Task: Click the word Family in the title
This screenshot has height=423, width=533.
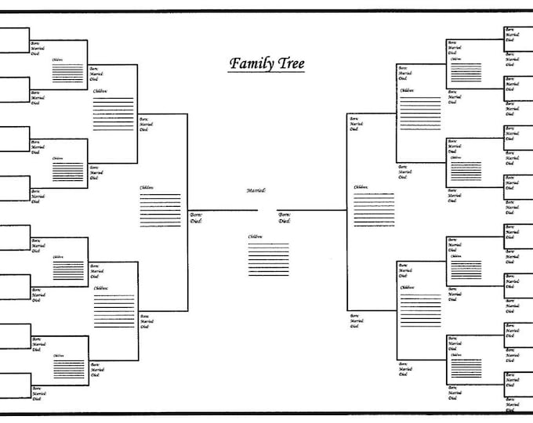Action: tap(248, 63)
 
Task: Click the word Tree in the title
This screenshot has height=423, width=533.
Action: tap(289, 63)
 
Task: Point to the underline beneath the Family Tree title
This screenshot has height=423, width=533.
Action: tap(266, 73)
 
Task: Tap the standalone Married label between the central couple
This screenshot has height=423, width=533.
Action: tap(256, 190)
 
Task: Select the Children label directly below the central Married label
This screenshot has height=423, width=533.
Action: tap(256, 237)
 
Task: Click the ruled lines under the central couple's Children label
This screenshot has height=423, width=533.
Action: tap(268, 258)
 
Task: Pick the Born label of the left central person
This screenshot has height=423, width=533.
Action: tap(195, 214)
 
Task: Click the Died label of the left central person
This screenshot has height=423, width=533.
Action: tap(195, 221)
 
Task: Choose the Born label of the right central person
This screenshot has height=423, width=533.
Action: tap(284, 214)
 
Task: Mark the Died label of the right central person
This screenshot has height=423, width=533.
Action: tap(284, 221)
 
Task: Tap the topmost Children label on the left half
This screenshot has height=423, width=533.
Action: tap(58, 60)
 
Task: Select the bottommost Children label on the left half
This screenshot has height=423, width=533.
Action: tap(58, 356)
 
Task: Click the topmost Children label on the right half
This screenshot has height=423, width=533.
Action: tap(455, 60)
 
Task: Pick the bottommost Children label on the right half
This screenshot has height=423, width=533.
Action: tap(455, 356)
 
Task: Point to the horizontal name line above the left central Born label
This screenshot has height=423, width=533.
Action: tap(212, 210)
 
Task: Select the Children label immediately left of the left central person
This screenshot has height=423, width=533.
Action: tap(147, 187)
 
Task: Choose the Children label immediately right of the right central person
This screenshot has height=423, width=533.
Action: tap(361, 187)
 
